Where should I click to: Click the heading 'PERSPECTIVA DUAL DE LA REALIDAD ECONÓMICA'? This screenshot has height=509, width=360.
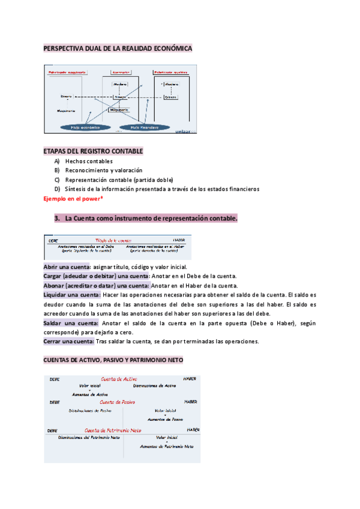[x=118, y=47]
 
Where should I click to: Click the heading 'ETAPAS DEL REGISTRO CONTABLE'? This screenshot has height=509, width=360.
[x=93, y=151]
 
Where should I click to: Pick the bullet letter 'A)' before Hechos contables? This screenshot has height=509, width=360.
[x=56, y=161]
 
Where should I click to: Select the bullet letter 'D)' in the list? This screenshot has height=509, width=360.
[x=56, y=189]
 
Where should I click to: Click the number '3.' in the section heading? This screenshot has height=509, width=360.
[x=57, y=218]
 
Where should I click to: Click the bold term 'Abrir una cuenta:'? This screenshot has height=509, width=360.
[x=67, y=267]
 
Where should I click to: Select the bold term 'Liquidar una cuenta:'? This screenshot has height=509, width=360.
[x=71, y=295]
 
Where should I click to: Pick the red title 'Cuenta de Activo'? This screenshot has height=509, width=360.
[x=119, y=379]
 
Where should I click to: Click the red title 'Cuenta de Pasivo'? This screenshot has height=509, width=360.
[x=118, y=402]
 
